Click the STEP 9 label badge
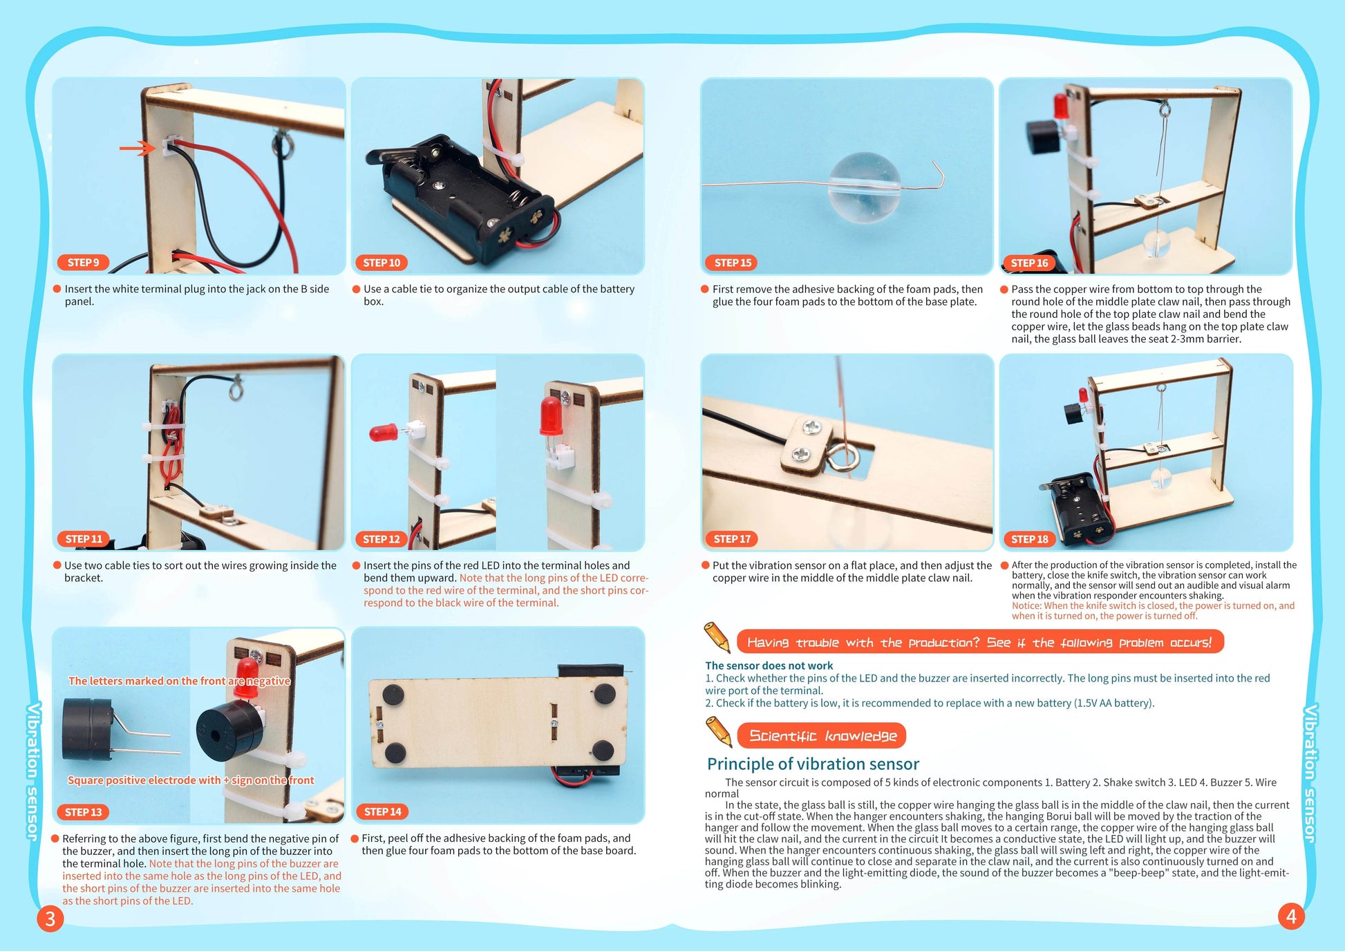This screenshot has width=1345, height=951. [x=84, y=263]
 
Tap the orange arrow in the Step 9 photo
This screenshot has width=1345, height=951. [x=138, y=148]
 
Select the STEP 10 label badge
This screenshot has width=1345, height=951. [x=382, y=263]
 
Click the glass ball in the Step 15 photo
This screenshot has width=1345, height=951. [x=864, y=186]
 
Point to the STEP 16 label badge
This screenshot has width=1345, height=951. [x=1029, y=263]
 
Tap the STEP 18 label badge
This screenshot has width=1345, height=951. [x=1029, y=539]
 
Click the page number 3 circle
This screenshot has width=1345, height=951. [x=50, y=919]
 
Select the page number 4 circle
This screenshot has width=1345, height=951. [x=1290, y=916]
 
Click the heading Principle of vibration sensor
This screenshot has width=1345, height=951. [x=813, y=764]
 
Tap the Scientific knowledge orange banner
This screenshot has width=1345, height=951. [x=822, y=735]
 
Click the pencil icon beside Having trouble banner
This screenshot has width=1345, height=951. [x=717, y=636]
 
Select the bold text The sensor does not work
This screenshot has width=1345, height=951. [x=769, y=666]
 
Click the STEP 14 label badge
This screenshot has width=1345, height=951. [x=382, y=811]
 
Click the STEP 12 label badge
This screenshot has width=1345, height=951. [x=382, y=539]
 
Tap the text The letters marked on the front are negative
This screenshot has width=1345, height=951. [x=179, y=681]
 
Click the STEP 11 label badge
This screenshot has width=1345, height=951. [x=84, y=539]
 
